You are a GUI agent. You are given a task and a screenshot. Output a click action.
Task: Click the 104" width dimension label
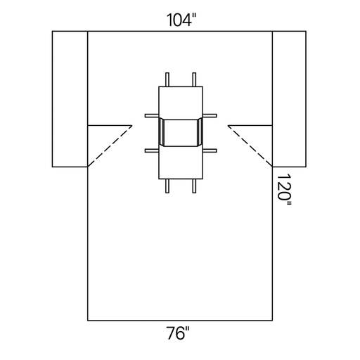click(181, 20)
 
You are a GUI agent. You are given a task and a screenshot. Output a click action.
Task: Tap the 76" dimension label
click(178, 333)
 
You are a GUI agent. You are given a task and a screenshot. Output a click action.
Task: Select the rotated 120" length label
click(284, 189)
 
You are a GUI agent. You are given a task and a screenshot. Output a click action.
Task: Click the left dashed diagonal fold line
click(110, 146)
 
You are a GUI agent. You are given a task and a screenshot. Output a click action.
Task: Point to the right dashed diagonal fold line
click(250, 146)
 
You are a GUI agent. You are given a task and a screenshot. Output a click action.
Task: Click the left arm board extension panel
click(70, 99)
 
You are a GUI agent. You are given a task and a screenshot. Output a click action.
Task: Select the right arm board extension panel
click(289, 99)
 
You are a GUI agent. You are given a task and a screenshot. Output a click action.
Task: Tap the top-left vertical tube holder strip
click(167, 79)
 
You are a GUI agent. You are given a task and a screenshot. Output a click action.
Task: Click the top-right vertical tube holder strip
click(194, 79)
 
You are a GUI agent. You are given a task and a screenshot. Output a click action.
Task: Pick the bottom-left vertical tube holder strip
click(167, 186)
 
